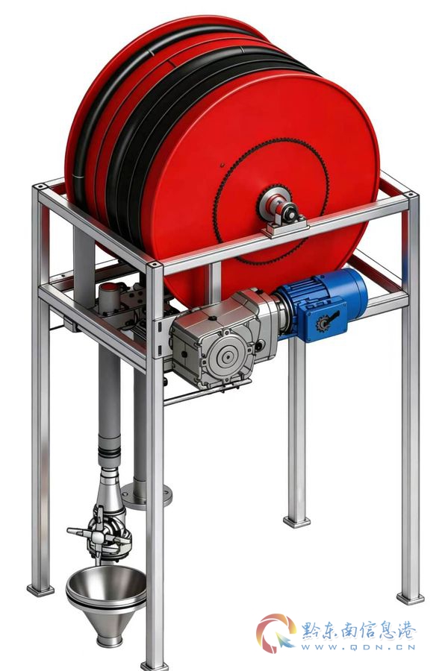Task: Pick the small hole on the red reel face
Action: point(222,165)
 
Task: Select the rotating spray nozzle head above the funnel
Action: point(102,531)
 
